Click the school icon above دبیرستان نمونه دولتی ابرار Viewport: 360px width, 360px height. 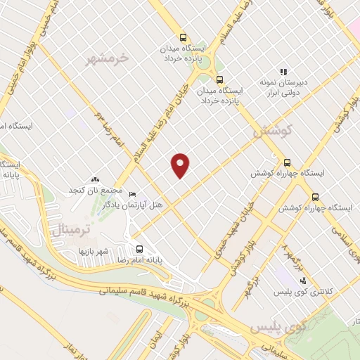pos(284,71)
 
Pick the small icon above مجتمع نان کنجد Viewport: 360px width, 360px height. pos(94,181)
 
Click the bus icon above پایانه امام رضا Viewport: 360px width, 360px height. pos(139,248)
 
